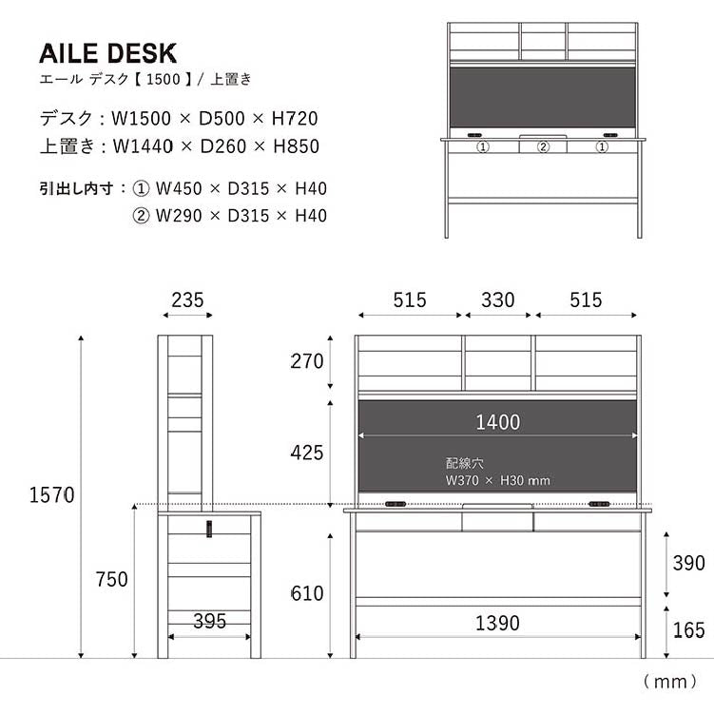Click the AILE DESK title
click(x=108, y=53)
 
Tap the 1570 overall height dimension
click(x=52, y=495)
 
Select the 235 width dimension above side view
click(x=187, y=300)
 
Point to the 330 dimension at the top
click(x=497, y=300)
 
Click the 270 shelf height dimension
click(x=307, y=361)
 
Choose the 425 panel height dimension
click(x=307, y=453)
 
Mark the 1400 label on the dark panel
click(x=497, y=422)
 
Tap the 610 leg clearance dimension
click(x=307, y=594)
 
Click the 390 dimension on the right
click(x=688, y=563)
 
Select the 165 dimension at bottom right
click(x=688, y=629)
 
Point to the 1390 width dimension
click(x=497, y=624)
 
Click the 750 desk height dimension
click(x=112, y=579)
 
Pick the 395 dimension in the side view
click(x=209, y=622)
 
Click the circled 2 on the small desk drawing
click(x=544, y=147)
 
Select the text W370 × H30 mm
click(x=497, y=481)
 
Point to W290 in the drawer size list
click(x=180, y=216)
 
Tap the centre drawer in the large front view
click(x=497, y=521)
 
